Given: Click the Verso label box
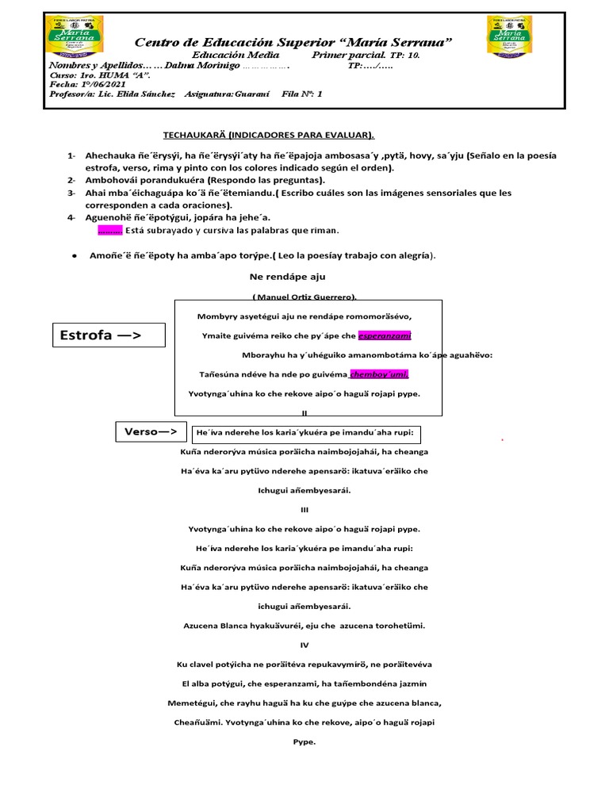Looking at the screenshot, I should [x=151, y=432].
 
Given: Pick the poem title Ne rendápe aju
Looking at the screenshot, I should [x=277, y=277].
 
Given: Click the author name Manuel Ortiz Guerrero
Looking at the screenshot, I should [x=304, y=297].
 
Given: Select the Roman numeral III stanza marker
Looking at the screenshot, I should [x=304, y=509].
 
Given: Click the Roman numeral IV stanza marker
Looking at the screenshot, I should [x=304, y=645].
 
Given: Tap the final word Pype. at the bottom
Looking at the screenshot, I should [x=304, y=742].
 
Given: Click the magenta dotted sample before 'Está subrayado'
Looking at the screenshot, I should [x=109, y=231].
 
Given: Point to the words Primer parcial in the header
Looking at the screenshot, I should [x=349, y=56].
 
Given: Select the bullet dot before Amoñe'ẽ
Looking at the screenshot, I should [x=74, y=255].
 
